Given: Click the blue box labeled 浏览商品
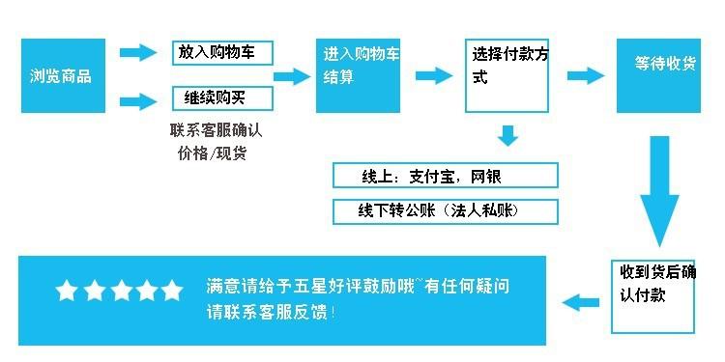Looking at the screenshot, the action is pyautogui.click(x=61, y=75).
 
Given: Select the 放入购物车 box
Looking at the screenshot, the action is pyautogui.click(x=222, y=52).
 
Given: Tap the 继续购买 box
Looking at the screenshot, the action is pyautogui.click(x=222, y=98).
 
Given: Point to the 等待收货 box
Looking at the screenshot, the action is pyautogui.click(x=659, y=75).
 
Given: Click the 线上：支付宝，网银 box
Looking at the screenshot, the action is pyautogui.click(x=446, y=176).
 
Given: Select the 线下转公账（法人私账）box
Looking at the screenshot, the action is pyautogui.click(x=446, y=210).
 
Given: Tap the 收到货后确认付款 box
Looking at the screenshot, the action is pyautogui.click(x=653, y=296).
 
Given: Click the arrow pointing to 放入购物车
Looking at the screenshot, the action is pyautogui.click(x=138, y=52).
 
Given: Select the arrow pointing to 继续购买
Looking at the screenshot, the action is pyautogui.click(x=138, y=99).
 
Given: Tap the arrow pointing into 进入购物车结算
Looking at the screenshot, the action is pyautogui.click(x=291, y=76).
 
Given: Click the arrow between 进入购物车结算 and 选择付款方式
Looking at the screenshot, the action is pyautogui.click(x=434, y=75).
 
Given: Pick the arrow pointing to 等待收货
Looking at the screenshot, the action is pyautogui.click(x=586, y=75).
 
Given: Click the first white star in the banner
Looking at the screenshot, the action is pyautogui.click(x=67, y=291).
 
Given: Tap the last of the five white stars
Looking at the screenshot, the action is pyautogui.click(x=171, y=291).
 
